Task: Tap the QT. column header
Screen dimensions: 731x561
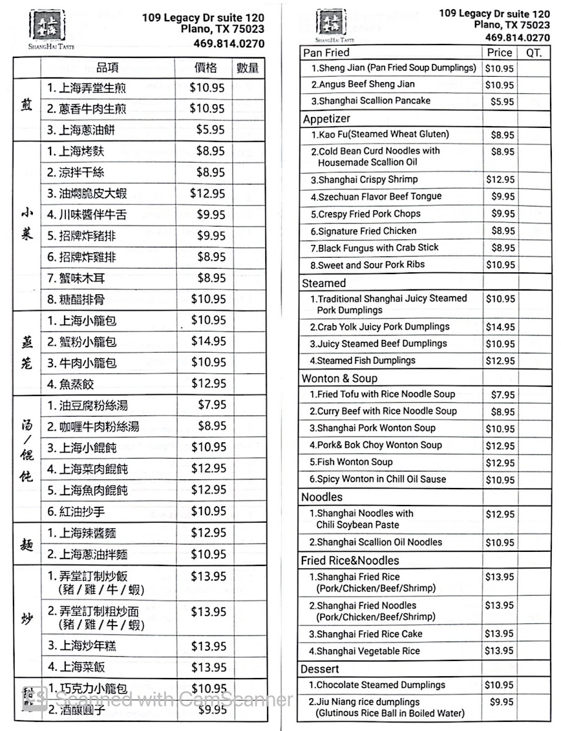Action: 534,53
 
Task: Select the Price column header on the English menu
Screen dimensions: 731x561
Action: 499,53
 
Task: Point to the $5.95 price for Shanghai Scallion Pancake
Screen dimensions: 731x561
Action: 502,102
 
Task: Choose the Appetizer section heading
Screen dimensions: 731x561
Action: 326,119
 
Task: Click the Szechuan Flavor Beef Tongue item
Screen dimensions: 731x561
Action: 376,197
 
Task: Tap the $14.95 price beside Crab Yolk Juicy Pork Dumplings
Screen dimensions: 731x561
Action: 500,327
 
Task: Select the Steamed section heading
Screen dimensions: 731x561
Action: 324,283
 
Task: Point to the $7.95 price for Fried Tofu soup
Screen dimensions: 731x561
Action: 502,395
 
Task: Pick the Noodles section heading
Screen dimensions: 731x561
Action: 322,497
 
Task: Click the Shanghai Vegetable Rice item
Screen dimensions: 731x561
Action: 364,651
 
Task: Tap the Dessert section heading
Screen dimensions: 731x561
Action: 320,669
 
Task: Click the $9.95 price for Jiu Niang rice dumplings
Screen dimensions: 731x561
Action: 502,702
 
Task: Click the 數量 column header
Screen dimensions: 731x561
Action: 247,68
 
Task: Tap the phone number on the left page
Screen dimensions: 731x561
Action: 229,44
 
